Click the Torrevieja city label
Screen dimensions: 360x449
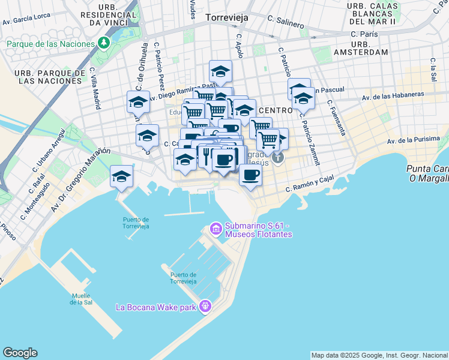coord(226,18)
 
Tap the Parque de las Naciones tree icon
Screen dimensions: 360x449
coord(104,43)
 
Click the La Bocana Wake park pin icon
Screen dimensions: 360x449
coord(205,306)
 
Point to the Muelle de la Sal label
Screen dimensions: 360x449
coord(80,299)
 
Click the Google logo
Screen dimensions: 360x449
coord(20,353)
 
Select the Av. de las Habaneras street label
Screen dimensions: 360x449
coord(393,95)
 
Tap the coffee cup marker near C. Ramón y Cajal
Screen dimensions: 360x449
coord(250,175)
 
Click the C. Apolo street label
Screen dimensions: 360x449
coord(240,46)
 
